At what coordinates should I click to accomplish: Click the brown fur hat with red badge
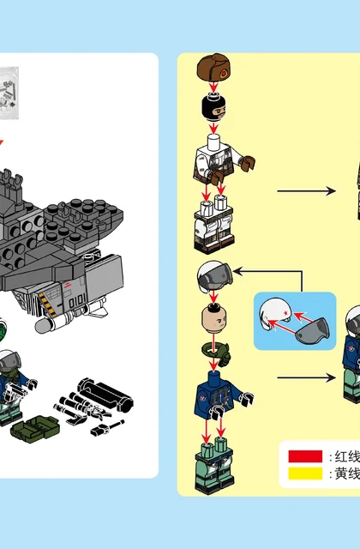pyautogui.click(x=213, y=68)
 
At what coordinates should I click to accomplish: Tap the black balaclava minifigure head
pyautogui.click(x=213, y=106)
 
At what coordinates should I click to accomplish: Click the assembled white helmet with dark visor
pyautogui.click(x=214, y=277)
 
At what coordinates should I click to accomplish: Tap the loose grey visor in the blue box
pyautogui.click(x=312, y=329)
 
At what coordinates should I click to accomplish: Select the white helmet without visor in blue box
pyautogui.click(x=275, y=313)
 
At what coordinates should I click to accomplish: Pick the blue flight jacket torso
pyautogui.click(x=222, y=395)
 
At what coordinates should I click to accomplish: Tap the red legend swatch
pyautogui.click(x=305, y=456)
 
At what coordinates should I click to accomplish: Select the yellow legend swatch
pyautogui.click(x=305, y=474)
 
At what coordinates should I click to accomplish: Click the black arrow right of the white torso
pyautogui.click(x=307, y=191)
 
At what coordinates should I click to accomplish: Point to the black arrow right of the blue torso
pyautogui.click(x=307, y=377)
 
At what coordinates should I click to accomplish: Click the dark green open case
pyautogui.click(x=35, y=428)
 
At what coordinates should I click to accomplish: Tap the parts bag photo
pyautogui.click(x=9, y=94)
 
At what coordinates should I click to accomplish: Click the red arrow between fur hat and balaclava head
pyautogui.click(x=213, y=87)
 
